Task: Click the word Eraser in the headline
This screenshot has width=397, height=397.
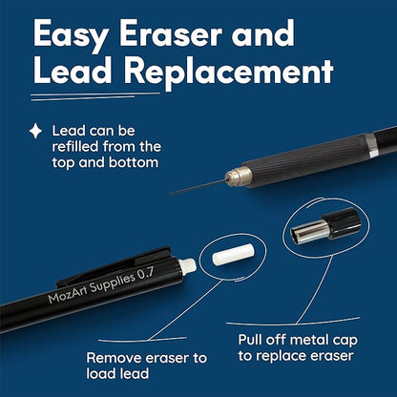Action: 170,33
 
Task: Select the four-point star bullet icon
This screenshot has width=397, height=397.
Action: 35,131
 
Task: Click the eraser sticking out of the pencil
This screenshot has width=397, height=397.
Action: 187,266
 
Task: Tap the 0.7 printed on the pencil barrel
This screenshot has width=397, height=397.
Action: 146,274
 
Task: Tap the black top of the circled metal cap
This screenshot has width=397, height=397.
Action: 343,222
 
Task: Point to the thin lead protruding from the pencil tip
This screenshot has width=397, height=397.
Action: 198,187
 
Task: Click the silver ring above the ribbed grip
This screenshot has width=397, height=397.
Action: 371,145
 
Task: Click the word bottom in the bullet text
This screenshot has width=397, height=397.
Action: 134,162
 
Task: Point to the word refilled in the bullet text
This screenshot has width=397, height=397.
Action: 75,147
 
